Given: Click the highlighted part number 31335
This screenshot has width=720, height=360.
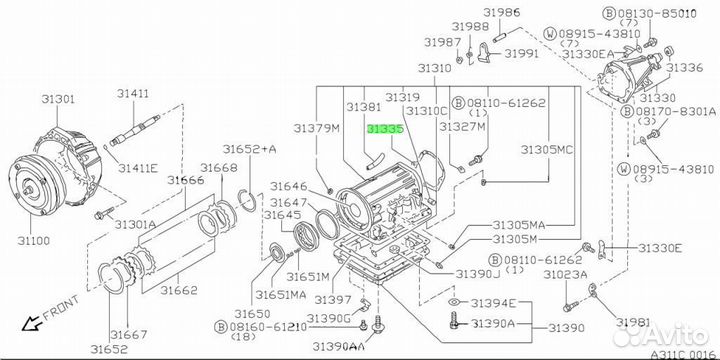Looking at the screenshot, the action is tap(385, 130).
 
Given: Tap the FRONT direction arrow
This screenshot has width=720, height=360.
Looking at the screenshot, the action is tap(32, 324).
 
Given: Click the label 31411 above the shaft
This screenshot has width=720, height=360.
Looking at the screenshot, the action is tap(133, 94).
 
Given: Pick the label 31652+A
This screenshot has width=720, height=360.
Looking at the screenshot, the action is tap(250, 149).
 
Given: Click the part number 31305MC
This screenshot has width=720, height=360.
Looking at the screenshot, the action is tap(546, 149).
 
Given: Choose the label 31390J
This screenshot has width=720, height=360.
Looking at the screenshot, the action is tap(477, 274).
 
